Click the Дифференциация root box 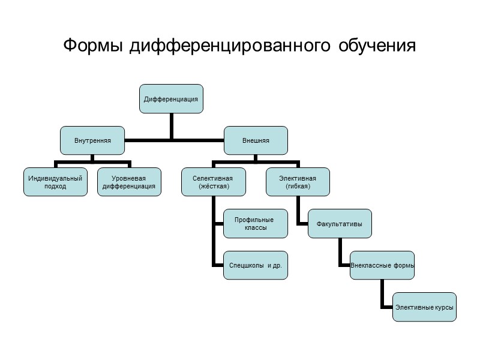(x=171, y=98)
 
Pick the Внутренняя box (x=92, y=140)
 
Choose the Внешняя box (x=256, y=140)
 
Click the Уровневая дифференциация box (x=129, y=182)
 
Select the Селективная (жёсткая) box (x=213, y=182)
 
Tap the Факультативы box (x=340, y=224)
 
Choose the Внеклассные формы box (x=382, y=265)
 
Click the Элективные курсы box (x=424, y=307)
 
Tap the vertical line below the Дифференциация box (x=171, y=126)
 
